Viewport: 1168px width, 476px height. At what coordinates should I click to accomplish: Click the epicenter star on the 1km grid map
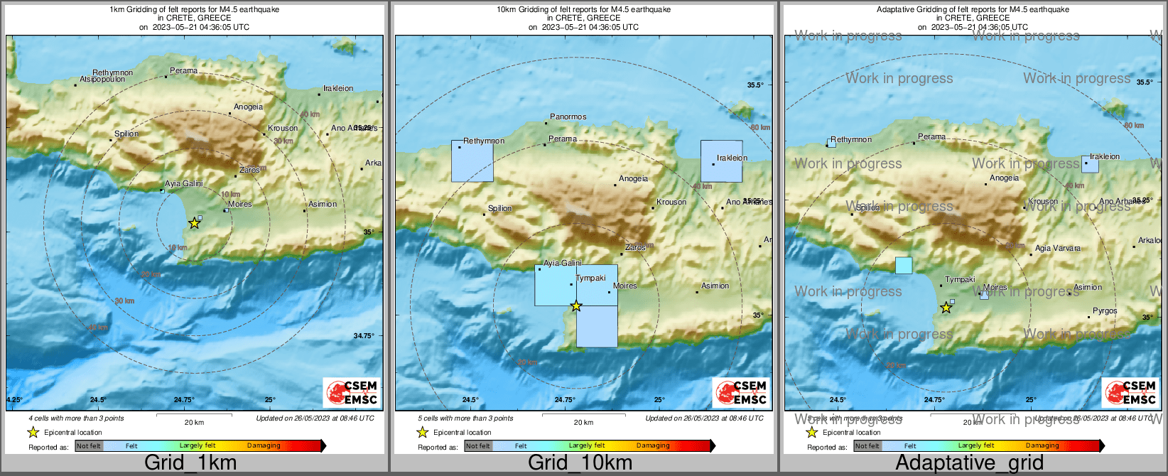point(194,223)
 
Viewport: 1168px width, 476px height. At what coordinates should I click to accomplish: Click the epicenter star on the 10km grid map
point(576,306)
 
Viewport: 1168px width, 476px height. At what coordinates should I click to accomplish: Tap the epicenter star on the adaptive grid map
point(946,308)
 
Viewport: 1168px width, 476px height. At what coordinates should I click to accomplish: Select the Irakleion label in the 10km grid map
point(732,158)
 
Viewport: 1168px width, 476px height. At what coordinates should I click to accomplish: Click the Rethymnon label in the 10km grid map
point(484,141)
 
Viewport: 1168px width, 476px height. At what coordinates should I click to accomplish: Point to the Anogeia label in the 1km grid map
point(248,107)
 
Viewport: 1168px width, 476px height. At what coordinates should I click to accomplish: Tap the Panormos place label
point(568,117)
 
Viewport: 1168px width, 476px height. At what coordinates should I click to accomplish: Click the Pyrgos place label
point(1105,310)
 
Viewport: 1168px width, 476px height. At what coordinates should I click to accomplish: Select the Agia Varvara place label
point(1057,248)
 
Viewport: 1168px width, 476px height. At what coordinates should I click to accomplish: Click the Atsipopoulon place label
point(102,80)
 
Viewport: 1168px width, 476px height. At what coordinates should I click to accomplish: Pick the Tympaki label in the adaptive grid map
point(960,279)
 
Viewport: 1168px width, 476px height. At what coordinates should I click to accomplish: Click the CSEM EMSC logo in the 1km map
point(351,392)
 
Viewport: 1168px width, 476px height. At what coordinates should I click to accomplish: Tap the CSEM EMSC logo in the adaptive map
point(1130,392)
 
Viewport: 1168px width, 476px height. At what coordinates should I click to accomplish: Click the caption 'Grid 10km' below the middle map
point(580,463)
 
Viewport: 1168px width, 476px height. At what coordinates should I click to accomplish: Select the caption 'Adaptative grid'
point(969,463)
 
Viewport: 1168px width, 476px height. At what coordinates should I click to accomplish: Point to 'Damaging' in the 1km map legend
point(264,445)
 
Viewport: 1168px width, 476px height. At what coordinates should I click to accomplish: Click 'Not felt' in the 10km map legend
point(478,446)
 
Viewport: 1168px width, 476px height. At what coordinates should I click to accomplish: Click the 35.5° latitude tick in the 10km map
point(755,85)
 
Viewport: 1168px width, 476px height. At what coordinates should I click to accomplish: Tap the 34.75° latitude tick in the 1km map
point(364,335)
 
